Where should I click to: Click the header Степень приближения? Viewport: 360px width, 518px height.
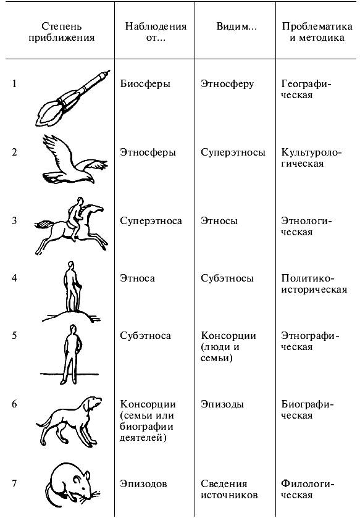point(61,31)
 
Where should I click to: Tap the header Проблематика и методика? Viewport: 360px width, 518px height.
point(317,31)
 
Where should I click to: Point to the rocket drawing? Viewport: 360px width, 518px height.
point(73,98)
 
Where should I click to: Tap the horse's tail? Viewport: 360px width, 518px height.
point(44,225)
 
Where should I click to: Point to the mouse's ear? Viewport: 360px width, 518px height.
point(86,476)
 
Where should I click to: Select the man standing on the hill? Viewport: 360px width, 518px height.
point(72,286)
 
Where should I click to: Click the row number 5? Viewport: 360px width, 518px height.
point(14,336)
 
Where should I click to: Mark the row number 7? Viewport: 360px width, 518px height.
point(14,484)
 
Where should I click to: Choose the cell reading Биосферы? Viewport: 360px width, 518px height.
point(145,84)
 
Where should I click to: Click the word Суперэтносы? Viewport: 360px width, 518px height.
point(233,152)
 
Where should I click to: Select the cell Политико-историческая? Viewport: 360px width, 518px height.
point(314,284)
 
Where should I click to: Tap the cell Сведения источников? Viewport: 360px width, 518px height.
point(229,490)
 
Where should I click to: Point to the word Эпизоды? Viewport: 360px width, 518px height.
point(222,404)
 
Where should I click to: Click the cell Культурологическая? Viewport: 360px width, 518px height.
point(311,158)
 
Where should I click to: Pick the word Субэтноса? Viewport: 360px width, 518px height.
point(145,336)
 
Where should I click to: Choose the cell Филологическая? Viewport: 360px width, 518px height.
point(306,490)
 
